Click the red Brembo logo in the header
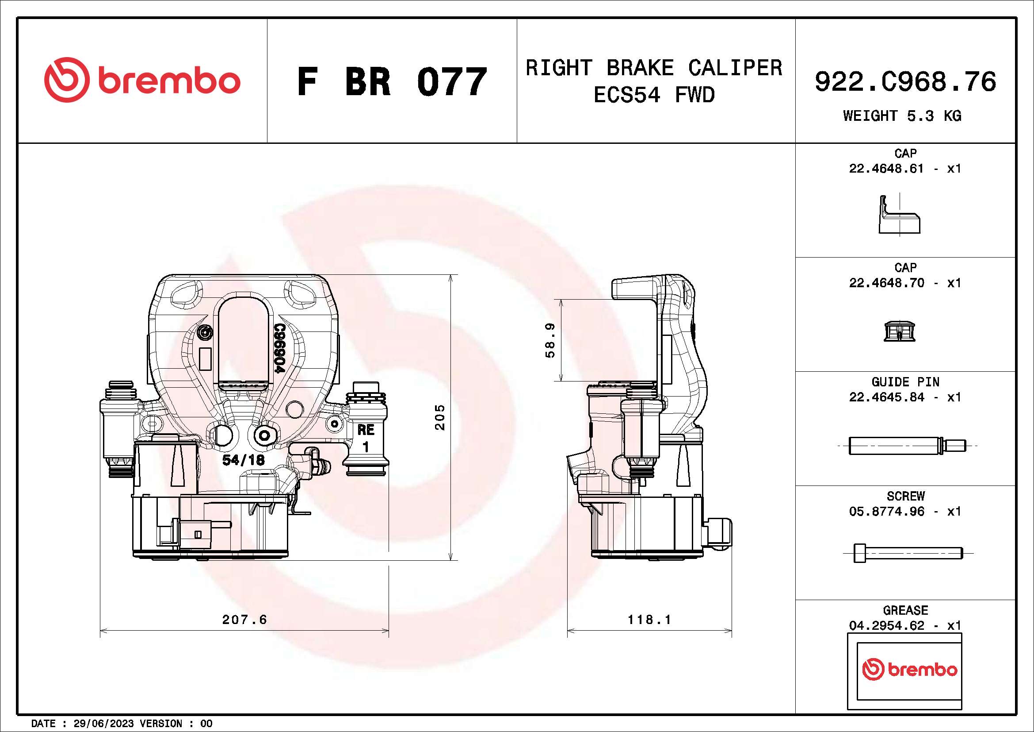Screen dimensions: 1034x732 pyautogui.click(x=142, y=80)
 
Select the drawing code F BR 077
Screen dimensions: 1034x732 pyautogui.click(x=392, y=81)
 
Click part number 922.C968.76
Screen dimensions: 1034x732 pyautogui.click(x=905, y=81)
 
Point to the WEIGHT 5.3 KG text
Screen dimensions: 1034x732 pyautogui.click(x=902, y=116)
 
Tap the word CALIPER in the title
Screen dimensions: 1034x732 pyautogui.click(x=735, y=68)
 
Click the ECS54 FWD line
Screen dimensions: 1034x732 pyautogui.click(x=654, y=95)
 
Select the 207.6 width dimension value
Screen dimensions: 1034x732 pyautogui.click(x=244, y=619)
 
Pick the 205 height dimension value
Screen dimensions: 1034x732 pyautogui.click(x=439, y=417)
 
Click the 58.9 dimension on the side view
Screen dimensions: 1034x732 pyautogui.click(x=550, y=341)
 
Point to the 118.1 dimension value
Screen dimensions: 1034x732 pyautogui.click(x=649, y=619)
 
